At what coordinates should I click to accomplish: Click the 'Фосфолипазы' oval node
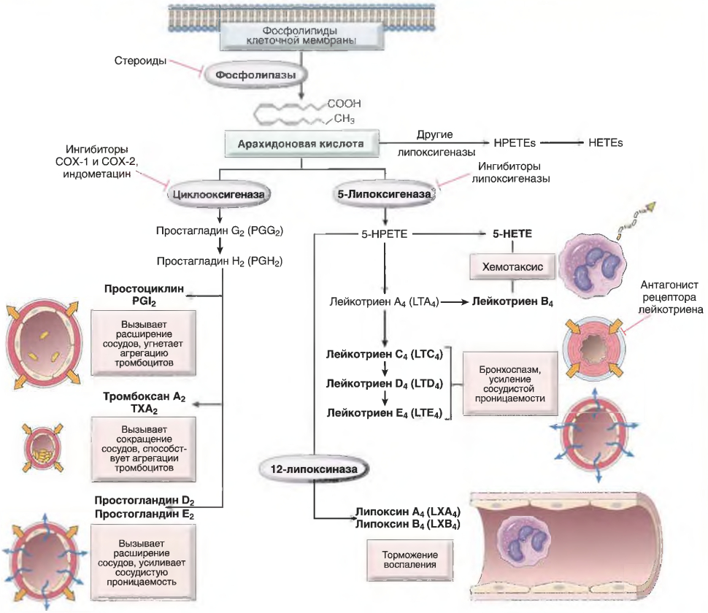coord(255,75)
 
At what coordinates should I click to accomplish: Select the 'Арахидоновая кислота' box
coord(301,144)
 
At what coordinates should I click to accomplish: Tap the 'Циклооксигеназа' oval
coord(218,195)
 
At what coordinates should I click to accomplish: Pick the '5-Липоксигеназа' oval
coord(384,195)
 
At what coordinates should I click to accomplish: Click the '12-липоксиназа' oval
coord(314,469)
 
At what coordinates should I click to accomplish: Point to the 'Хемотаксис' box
coord(512,266)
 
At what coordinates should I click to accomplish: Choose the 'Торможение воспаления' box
coord(409,560)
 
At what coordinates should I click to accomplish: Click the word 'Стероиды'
coord(140,61)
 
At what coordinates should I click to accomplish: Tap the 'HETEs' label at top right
coord(606,143)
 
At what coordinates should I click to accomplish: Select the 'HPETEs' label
coord(515,143)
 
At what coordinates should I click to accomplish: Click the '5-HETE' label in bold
coord(512,234)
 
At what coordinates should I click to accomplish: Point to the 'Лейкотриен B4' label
coord(512,302)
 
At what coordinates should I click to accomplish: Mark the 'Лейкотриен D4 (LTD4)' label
coord(385,384)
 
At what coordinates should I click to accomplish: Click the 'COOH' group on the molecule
coord(344,104)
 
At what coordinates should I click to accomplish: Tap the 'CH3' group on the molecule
coord(345,119)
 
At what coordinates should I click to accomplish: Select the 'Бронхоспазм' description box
coord(509,384)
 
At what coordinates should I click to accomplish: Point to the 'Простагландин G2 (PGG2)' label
coord(220,231)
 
